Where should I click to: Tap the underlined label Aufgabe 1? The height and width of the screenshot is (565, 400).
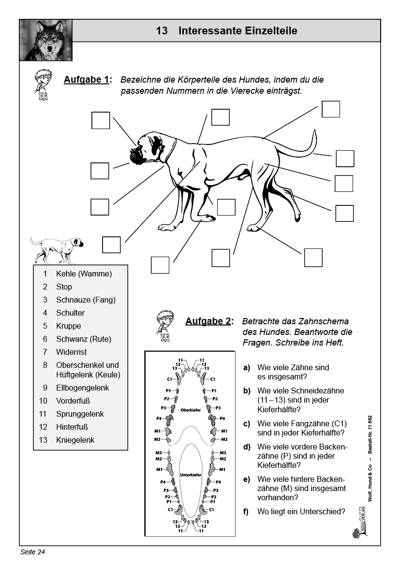click(x=87, y=80)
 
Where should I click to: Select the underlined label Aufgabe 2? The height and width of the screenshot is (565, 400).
click(x=208, y=321)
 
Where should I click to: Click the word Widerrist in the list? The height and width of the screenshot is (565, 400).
click(x=71, y=352)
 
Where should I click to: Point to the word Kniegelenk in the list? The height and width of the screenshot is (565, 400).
click(x=75, y=440)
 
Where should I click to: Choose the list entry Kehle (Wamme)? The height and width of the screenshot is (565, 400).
click(x=84, y=274)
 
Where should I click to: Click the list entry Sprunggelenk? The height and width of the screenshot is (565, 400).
click(x=80, y=414)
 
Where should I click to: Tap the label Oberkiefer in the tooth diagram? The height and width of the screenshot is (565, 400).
click(x=190, y=410)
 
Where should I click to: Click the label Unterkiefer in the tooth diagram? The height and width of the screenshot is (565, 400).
click(x=190, y=475)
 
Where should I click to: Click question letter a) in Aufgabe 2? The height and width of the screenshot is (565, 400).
click(x=247, y=367)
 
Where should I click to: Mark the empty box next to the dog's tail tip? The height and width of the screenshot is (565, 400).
click(x=345, y=159)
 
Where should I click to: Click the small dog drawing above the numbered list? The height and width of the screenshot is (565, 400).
click(x=56, y=249)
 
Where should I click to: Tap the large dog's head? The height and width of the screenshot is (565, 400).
click(x=148, y=147)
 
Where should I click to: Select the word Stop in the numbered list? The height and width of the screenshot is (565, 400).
click(x=64, y=287)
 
